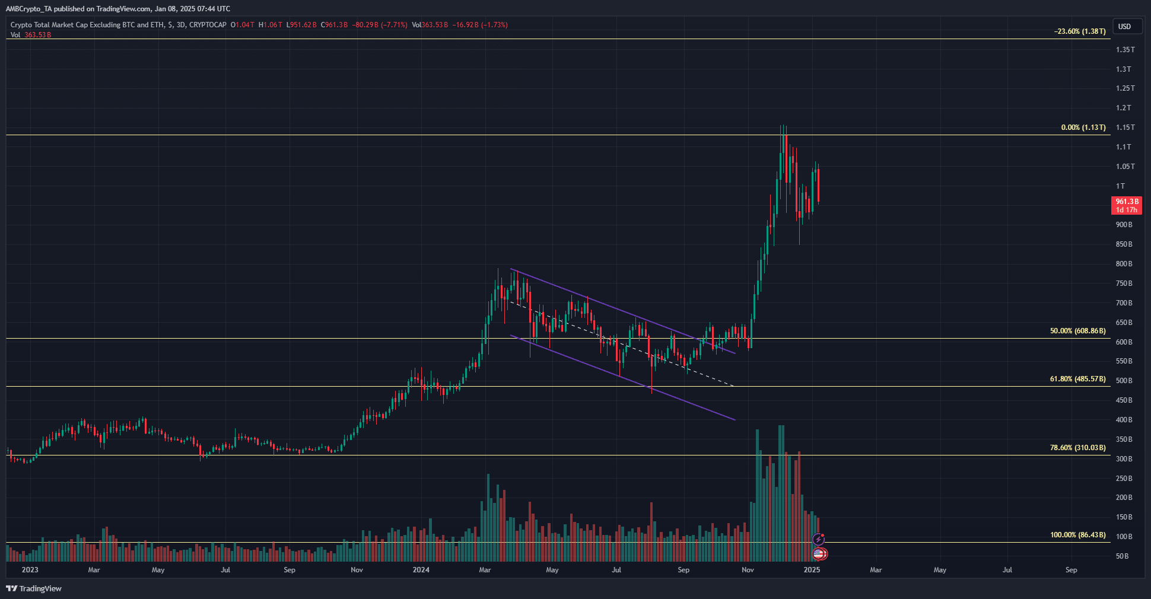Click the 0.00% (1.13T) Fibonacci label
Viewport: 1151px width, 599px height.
(1083, 128)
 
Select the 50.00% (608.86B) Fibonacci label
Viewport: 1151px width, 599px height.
(1077, 331)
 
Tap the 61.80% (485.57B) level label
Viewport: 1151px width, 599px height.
(1077, 379)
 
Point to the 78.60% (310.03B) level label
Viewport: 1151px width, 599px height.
(1077, 448)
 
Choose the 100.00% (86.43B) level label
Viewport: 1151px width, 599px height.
(1077, 535)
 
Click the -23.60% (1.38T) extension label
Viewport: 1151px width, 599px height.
(1079, 31)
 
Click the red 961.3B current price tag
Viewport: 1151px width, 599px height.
(1126, 205)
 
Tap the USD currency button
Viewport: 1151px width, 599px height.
(1124, 27)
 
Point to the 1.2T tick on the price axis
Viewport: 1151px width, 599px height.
(1123, 108)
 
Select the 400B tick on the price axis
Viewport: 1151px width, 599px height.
(1124, 420)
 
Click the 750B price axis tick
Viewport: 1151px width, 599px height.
(1124, 283)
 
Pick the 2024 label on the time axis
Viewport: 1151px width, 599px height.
(421, 570)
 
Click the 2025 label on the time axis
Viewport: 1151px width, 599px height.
(811, 570)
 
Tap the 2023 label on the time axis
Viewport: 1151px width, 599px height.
(30, 570)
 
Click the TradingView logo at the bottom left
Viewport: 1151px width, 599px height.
(34, 588)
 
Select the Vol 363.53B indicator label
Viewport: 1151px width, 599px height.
(31, 35)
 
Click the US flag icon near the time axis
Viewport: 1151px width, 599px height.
(819, 554)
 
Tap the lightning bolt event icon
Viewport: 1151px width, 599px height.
(818, 539)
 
